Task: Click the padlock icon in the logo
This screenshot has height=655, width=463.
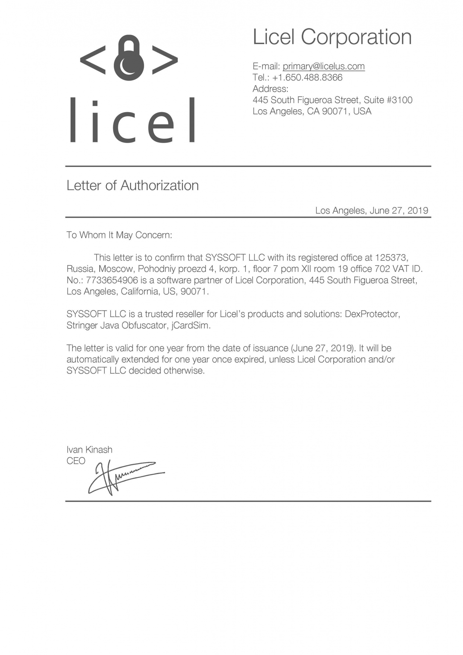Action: click(x=129, y=58)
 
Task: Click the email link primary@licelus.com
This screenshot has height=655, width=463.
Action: click(x=323, y=66)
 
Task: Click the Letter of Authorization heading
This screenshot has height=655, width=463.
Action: click(x=133, y=185)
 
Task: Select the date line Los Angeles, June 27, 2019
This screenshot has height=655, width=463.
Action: click(x=372, y=210)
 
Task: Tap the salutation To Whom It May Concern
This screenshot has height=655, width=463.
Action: click(x=119, y=235)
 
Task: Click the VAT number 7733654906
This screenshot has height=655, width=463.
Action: click(x=112, y=280)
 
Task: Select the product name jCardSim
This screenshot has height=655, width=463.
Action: click(x=191, y=325)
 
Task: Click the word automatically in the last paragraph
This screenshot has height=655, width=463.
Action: click(x=93, y=359)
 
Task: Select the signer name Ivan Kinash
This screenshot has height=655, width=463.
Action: click(x=89, y=449)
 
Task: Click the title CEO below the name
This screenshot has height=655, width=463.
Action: click(x=76, y=461)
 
